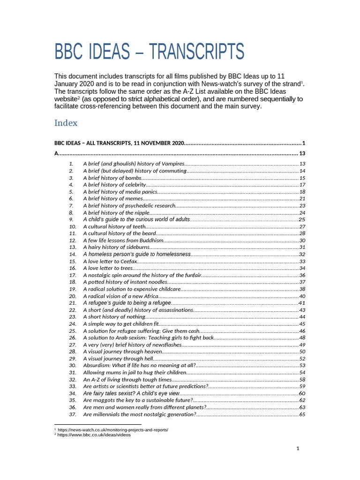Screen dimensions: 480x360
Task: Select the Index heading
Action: (x=66, y=123)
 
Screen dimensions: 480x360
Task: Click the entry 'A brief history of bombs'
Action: (x=112, y=178)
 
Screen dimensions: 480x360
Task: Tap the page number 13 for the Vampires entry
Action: (x=302, y=164)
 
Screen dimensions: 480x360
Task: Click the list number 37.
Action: (x=72, y=414)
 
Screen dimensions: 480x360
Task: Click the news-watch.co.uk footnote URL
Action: (x=112, y=429)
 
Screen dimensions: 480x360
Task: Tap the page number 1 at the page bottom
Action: (x=298, y=449)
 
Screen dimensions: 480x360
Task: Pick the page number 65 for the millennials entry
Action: (x=302, y=414)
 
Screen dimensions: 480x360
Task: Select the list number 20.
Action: (x=72, y=296)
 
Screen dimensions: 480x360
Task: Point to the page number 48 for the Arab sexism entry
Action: (x=302, y=338)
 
